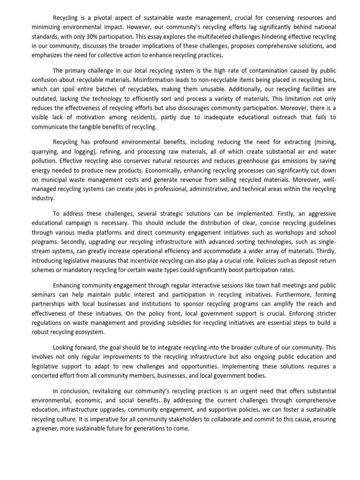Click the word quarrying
46,151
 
